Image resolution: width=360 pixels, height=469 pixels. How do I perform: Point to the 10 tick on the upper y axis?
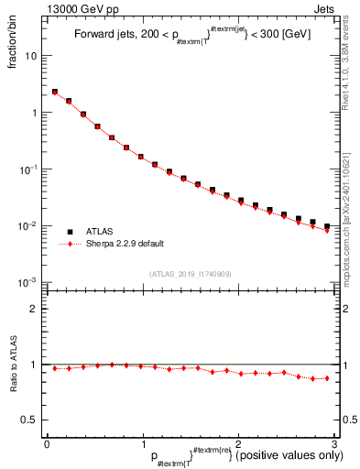31,56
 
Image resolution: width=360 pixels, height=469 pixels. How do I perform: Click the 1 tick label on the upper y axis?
34,113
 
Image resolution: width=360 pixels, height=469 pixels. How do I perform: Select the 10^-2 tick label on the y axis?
29,226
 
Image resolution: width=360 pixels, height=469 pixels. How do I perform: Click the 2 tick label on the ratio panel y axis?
34,309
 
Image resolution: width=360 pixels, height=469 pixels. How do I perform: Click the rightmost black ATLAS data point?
327,226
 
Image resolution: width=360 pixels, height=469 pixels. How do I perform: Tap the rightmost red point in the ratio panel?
327,377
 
